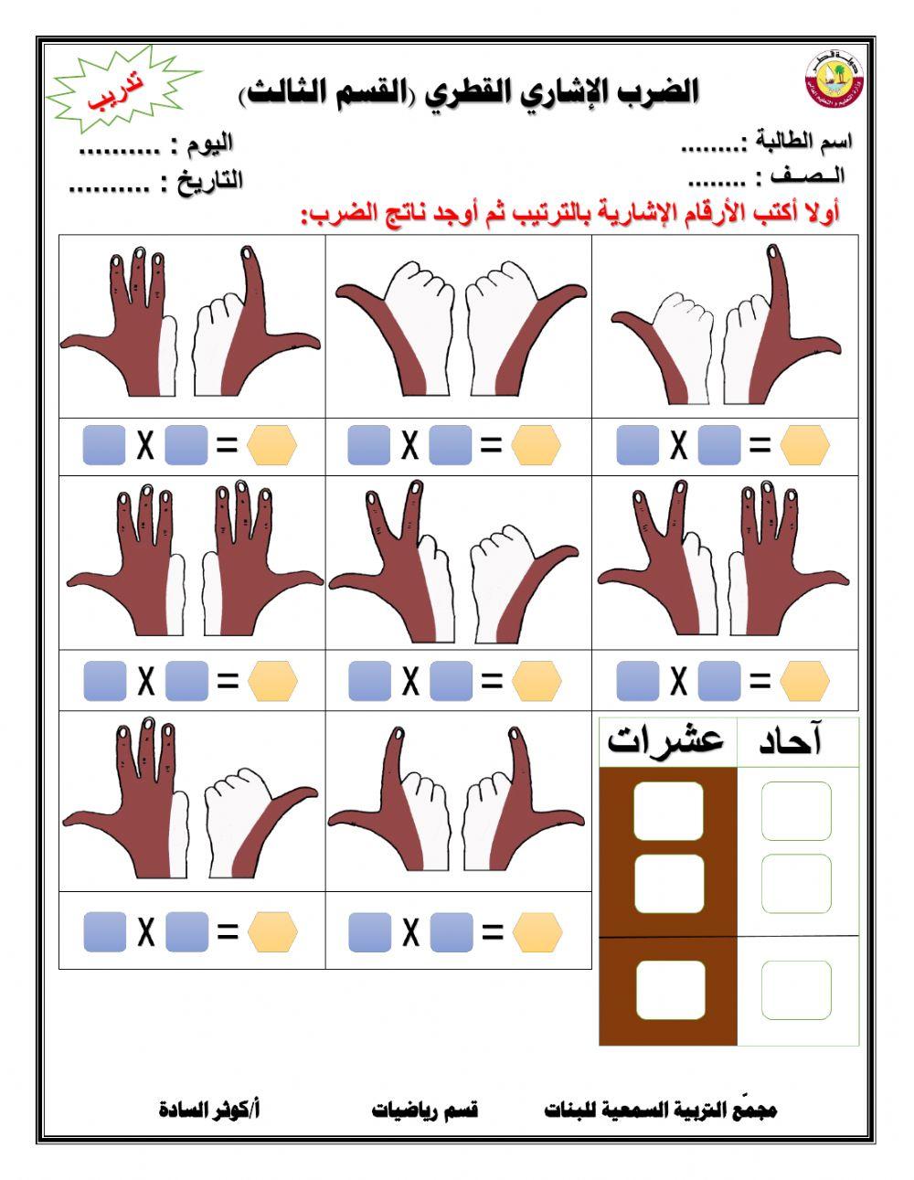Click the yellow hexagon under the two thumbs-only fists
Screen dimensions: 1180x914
click(536, 446)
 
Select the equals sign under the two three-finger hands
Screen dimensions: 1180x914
click(227, 681)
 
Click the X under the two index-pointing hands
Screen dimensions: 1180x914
click(410, 932)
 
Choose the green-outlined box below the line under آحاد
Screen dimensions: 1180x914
click(796, 990)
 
